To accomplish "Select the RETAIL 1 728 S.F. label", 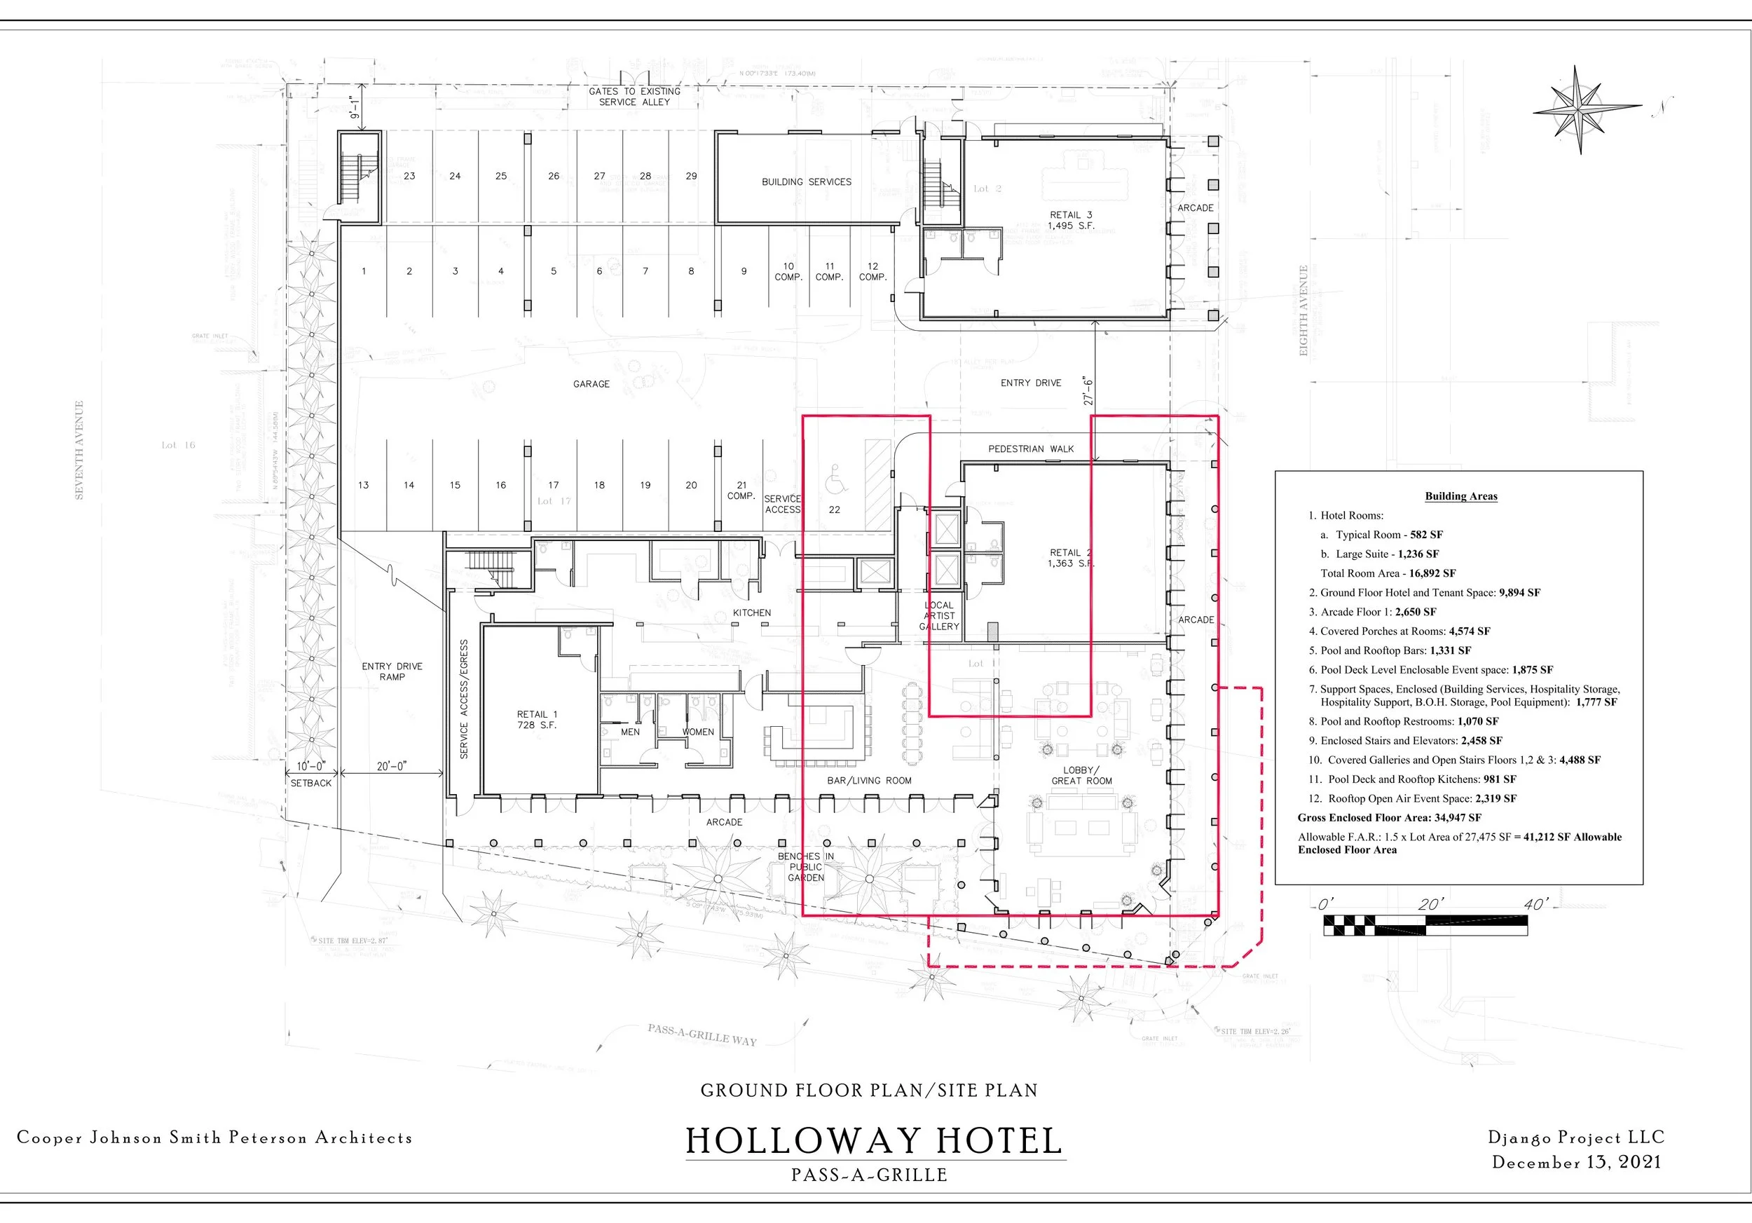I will point(538,720).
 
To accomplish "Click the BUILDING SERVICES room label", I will point(806,182).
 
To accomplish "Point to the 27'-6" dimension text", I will point(1088,390).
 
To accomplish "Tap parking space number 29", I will point(690,175).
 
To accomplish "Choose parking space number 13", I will point(363,484).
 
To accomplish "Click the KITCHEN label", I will point(752,613).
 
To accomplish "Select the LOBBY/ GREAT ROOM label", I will point(1081,775).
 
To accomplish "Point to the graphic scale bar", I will point(1425,924).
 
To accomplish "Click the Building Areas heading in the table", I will point(1460,496).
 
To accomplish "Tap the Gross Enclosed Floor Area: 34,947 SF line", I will point(1389,817).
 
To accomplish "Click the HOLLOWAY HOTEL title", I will point(875,1142).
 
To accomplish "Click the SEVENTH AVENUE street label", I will point(78,450).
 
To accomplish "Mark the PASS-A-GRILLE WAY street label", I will point(702,1034).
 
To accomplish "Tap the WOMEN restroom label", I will point(697,732).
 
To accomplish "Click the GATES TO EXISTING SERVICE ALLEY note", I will point(634,96).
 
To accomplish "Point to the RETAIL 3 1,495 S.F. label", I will point(1071,220).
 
